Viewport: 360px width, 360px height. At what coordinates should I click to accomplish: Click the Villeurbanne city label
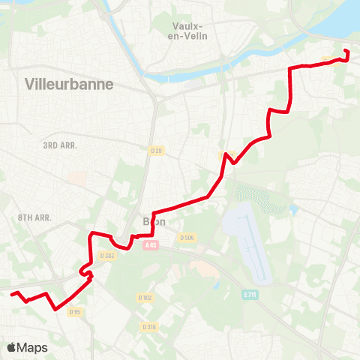tap(69, 84)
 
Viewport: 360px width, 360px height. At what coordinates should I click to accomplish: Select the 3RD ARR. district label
tap(60, 145)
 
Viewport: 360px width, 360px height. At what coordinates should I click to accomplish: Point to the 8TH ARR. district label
tap(34, 217)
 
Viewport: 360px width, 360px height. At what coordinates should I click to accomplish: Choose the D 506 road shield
tap(187, 238)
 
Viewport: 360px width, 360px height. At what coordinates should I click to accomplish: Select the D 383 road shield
tap(106, 256)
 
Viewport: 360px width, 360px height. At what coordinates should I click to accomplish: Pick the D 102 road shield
tap(145, 297)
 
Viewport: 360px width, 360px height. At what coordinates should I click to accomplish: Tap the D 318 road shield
tap(148, 326)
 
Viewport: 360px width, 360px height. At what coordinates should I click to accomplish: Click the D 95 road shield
tap(74, 311)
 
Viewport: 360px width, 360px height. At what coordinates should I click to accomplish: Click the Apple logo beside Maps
tap(12, 347)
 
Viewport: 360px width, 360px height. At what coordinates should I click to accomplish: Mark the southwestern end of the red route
tap(11, 294)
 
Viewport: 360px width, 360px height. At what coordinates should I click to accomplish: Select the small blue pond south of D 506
tap(216, 284)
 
